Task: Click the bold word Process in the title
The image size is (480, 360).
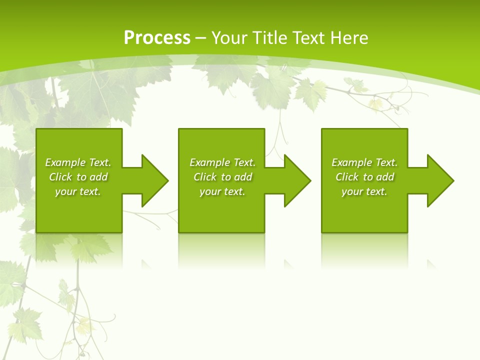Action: pyautogui.click(x=157, y=38)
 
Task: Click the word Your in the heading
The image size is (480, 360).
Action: pyautogui.click(x=230, y=38)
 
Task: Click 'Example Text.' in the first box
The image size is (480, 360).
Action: pyautogui.click(x=78, y=162)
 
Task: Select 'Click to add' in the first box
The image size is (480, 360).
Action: pyautogui.click(x=78, y=177)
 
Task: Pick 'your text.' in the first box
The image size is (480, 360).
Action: pyautogui.click(x=78, y=191)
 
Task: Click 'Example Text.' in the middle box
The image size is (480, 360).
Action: pyautogui.click(x=222, y=162)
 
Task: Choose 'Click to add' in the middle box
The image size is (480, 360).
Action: pyautogui.click(x=222, y=177)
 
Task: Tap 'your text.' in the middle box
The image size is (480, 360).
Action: pyautogui.click(x=222, y=191)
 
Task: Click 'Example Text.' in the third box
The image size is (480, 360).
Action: pyautogui.click(x=364, y=162)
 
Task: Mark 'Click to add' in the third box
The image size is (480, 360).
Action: pyautogui.click(x=364, y=177)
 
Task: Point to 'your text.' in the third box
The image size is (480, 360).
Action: pyautogui.click(x=364, y=191)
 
